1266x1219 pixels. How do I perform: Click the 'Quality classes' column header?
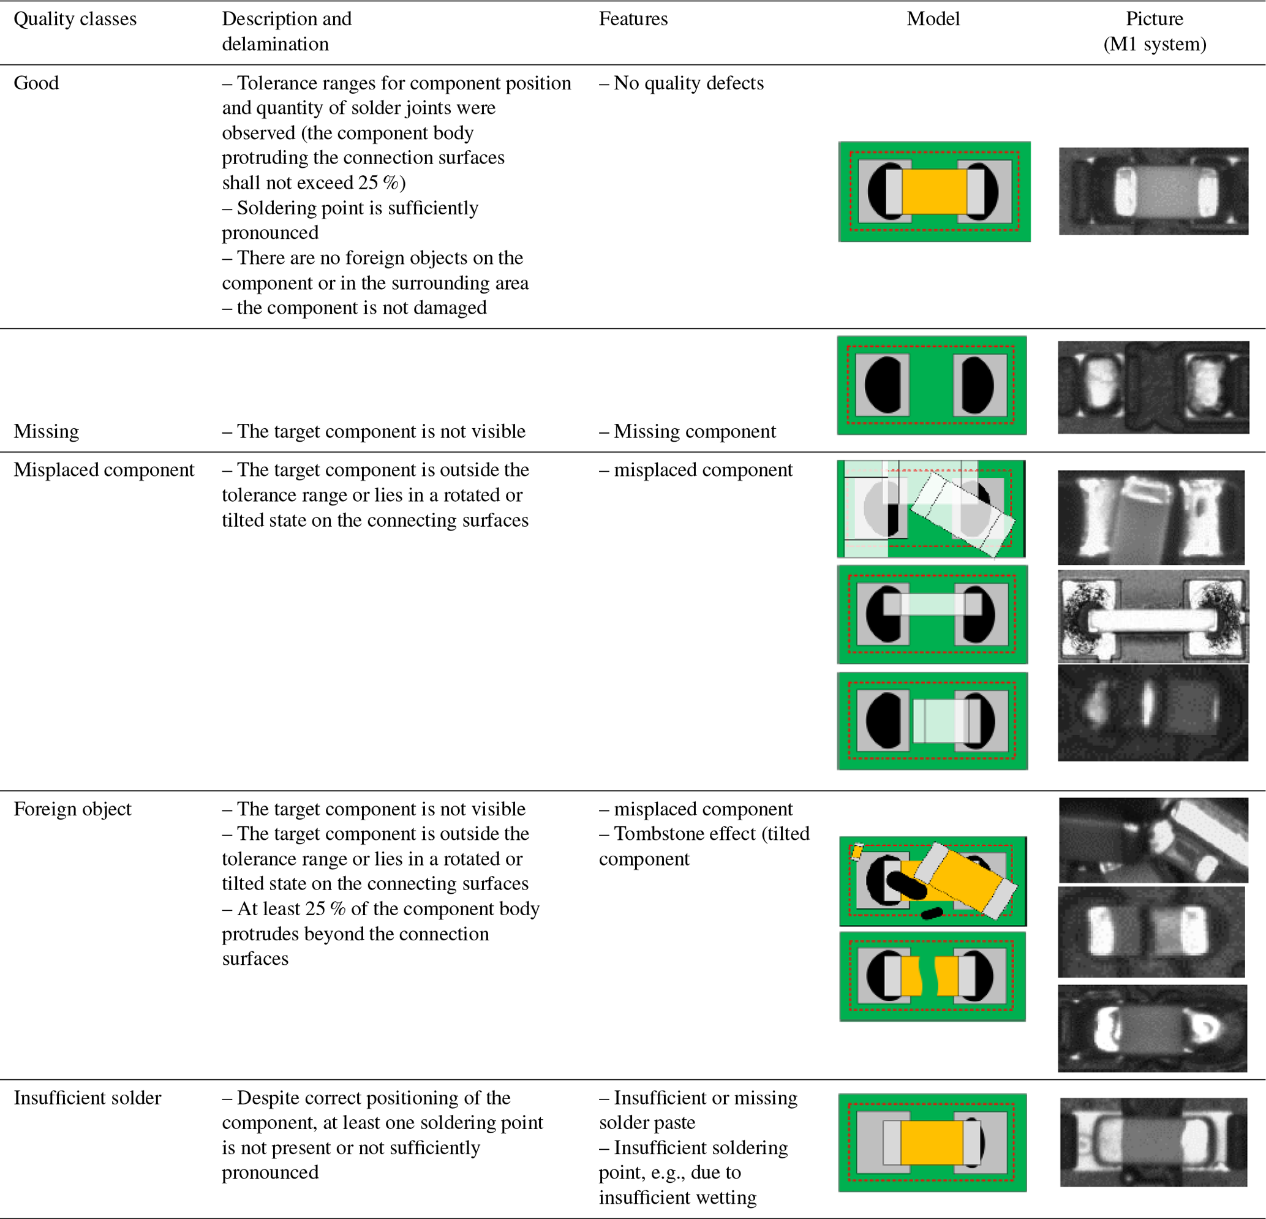pyautogui.click(x=75, y=19)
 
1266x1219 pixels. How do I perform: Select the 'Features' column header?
pyautogui.click(x=633, y=19)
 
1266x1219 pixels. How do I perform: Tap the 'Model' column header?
pyautogui.click(x=933, y=19)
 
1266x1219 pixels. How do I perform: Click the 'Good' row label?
pyautogui.click(x=36, y=83)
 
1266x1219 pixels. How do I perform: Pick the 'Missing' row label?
pyautogui.click(x=47, y=431)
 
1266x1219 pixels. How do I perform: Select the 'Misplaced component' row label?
pyautogui.click(x=104, y=470)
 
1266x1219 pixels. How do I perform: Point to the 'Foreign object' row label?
pyautogui.click(x=72, y=809)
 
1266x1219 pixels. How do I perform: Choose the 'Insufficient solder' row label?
pyautogui.click(x=87, y=1098)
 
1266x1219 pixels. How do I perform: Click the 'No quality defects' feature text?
pyautogui.click(x=688, y=83)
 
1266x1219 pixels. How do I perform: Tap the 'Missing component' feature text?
pyautogui.click(x=695, y=431)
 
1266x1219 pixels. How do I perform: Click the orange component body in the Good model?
pyautogui.click(x=933, y=191)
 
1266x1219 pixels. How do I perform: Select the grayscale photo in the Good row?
pyautogui.click(x=1153, y=191)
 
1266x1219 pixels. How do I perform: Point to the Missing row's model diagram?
pyautogui.click(x=932, y=385)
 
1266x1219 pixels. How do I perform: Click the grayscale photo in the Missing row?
pyautogui.click(x=1153, y=387)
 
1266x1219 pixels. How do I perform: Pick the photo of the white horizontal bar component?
pyautogui.click(x=1153, y=616)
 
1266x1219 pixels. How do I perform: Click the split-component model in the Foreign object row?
pyautogui.click(x=932, y=976)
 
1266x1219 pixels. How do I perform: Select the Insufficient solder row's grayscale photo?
pyautogui.click(x=1153, y=1142)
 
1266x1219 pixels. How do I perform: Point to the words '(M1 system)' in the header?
pyautogui.click(x=1155, y=44)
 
